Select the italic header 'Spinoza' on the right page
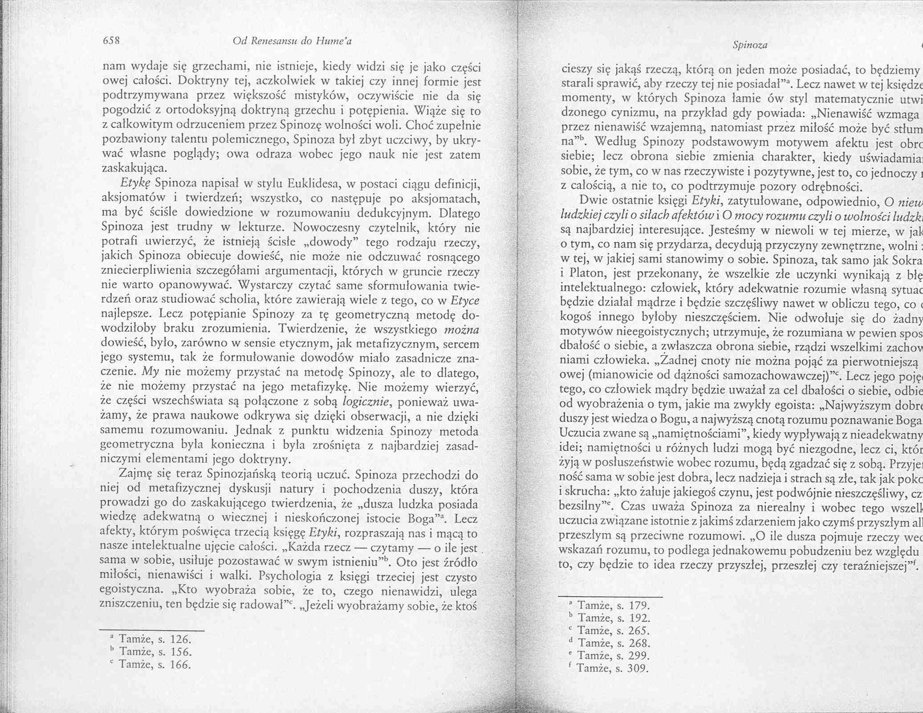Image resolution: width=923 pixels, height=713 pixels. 752,45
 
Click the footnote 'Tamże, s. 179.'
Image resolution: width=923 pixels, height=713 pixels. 613,606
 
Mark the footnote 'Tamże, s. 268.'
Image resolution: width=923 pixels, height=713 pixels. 613,643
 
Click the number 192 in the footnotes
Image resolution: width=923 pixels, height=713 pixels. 638,618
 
